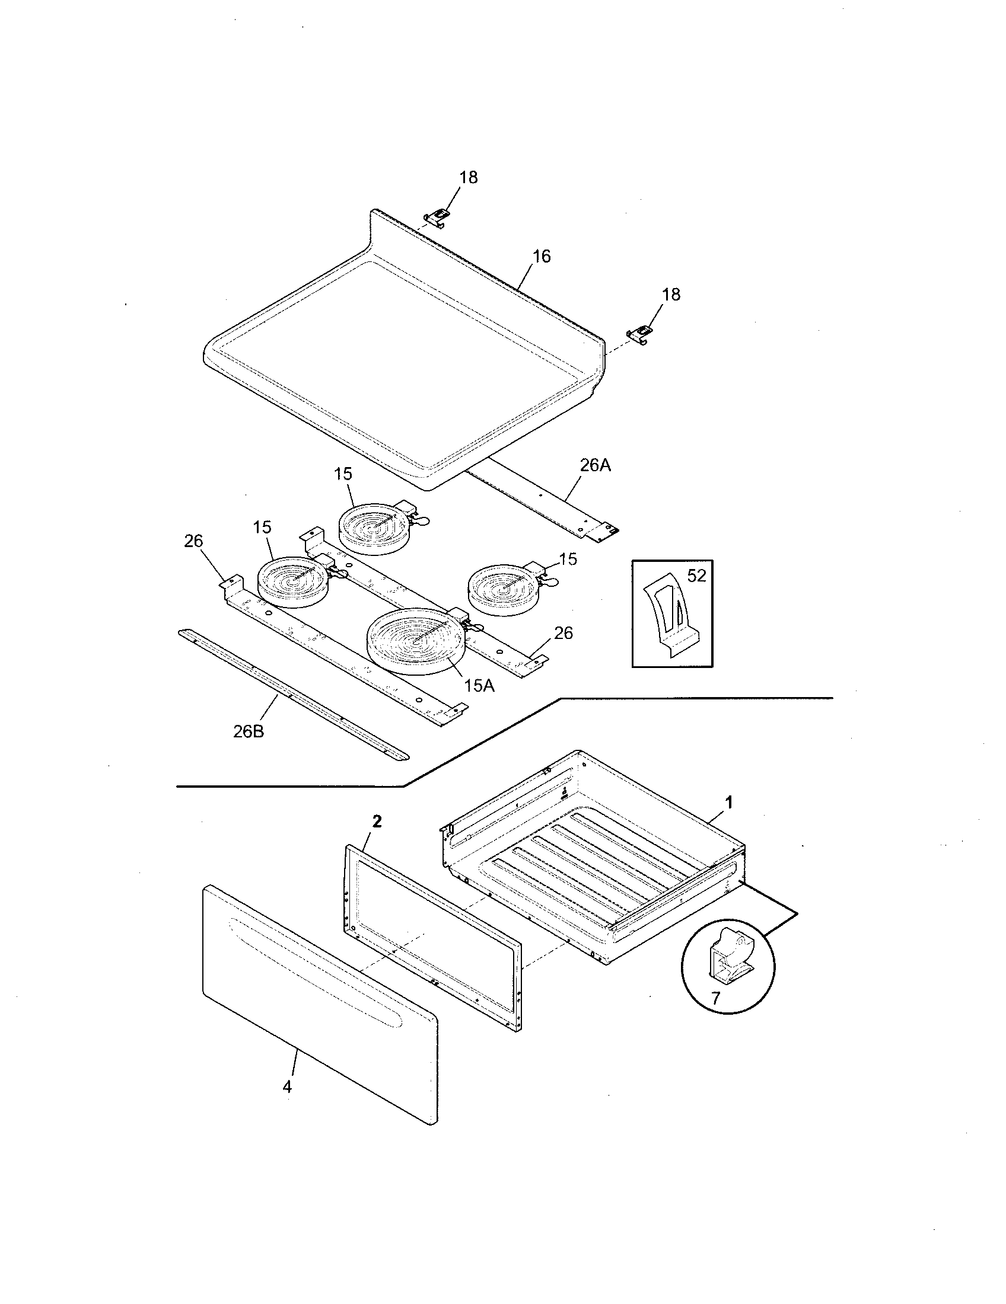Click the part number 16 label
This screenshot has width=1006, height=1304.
click(541, 256)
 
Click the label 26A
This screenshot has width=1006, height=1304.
click(595, 465)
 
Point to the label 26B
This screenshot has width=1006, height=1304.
click(249, 731)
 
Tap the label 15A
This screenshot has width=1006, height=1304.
click(479, 686)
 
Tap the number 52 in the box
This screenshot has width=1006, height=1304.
click(696, 576)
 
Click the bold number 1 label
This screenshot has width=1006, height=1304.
click(728, 803)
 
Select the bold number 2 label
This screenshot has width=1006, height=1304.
click(376, 822)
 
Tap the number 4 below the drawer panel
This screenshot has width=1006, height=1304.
click(287, 1086)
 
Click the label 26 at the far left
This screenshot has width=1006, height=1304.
click(193, 541)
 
